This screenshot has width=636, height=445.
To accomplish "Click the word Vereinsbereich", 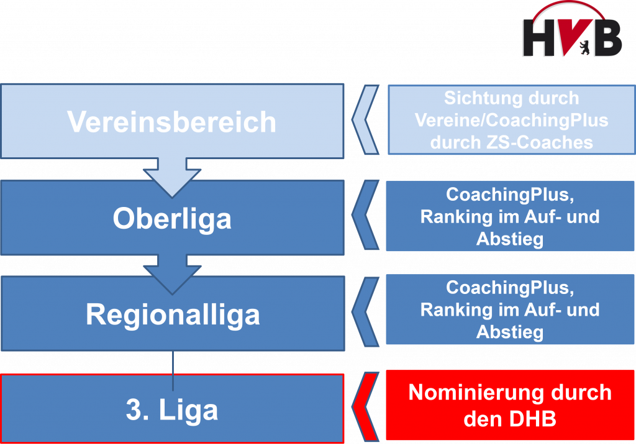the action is tap(171, 121).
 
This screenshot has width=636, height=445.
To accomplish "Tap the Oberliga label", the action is tap(172, 219).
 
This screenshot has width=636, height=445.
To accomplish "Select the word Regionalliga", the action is tap(173, 316).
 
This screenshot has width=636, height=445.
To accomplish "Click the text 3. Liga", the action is tap(172, 410).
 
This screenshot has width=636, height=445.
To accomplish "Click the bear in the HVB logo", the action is tap(584, 47).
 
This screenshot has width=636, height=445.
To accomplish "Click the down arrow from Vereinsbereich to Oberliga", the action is tap(172, 177).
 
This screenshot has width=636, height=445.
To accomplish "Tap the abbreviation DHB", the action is tap(532, 419).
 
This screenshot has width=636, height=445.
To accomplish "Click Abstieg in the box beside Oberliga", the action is tap(510, 239).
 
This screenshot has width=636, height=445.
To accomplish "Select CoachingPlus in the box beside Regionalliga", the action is tap(510, 288).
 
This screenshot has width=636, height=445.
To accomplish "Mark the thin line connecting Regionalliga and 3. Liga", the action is tap(173, 370).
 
